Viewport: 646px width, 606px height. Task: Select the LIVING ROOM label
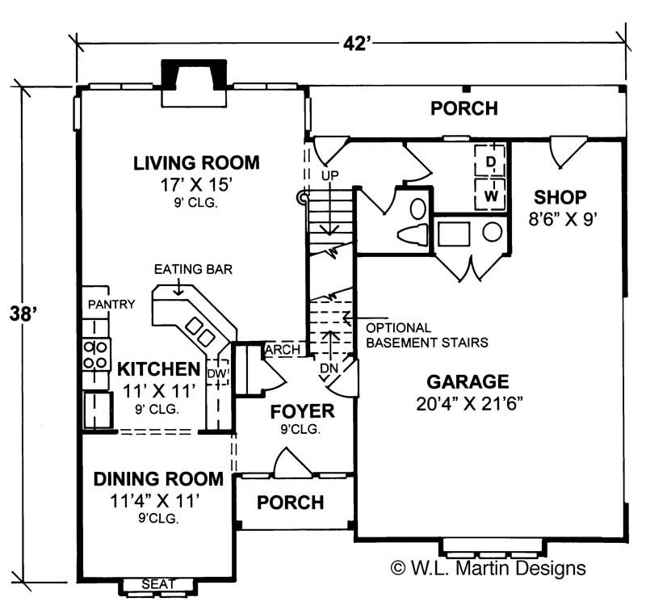tap(197, 163)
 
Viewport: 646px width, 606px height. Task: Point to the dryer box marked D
tap(489, 161)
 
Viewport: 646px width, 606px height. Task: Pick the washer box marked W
tap(489, 196)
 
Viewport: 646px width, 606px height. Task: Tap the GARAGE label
tap(468, 381)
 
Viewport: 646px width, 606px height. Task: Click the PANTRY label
tap(111, 304)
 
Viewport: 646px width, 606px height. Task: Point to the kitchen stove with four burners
tap(95, 354)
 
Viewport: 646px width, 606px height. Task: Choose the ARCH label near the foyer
tap(283, 350)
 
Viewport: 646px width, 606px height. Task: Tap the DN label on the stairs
tap(328, 368)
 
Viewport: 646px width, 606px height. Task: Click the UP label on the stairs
tap(328, 175)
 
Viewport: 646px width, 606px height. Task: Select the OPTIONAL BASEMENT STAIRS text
tap(426, 335)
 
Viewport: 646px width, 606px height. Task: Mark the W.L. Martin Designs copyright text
tap(488, 568)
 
